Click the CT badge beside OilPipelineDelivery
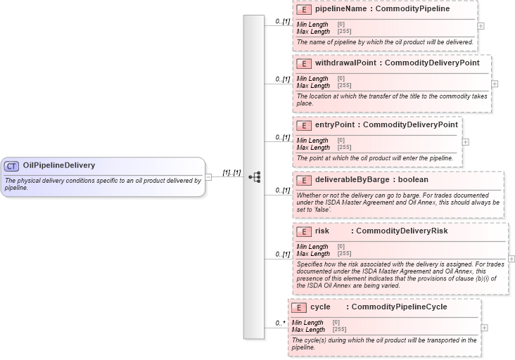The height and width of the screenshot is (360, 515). (x=11, y=166)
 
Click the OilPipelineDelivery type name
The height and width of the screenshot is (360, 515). (x=59, y=166)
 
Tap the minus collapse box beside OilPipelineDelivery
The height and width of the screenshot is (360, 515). (x=208, y=176)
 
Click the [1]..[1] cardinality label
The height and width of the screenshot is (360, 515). (x=231, y=172)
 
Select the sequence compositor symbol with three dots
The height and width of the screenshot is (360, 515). (x=254, y=177)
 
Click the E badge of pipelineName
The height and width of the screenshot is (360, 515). (x=304, y=10)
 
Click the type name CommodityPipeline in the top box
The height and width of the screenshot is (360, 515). (x=413, y=10)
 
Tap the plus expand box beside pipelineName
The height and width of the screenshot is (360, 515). (x=481, y=25)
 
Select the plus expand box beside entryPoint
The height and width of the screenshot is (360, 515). (x=465, y=141)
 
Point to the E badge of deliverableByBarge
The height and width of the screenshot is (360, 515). (x=304, y=180)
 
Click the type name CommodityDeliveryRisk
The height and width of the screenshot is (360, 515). (x=402, y=231)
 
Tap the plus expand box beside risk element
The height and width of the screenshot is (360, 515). (x=511, y=259)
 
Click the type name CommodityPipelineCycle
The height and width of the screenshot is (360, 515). (x=399, y=307)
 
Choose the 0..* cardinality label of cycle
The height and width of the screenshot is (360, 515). (x=280, y=323)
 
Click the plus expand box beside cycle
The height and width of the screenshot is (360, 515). (x=484, y=328)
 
